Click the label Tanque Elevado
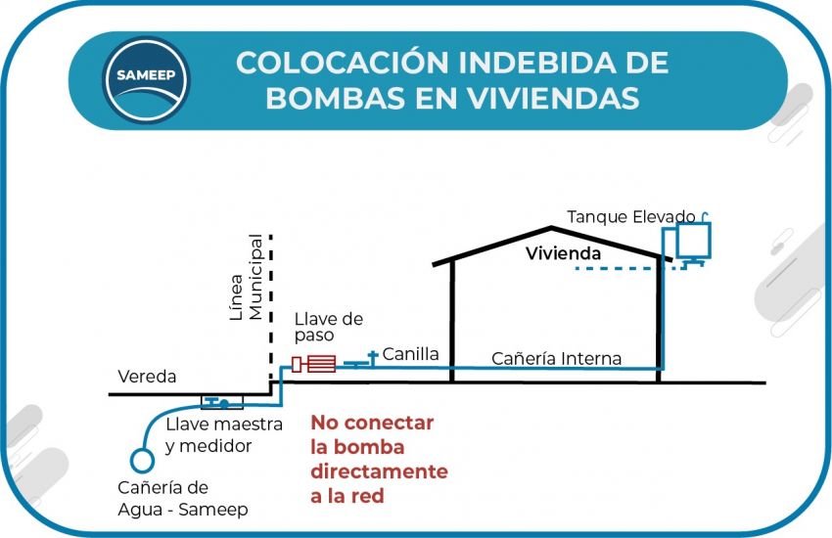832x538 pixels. [631, 217]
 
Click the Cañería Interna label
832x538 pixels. [556, 359]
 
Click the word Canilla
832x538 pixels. [410, 353]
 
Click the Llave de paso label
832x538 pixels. [329, 327]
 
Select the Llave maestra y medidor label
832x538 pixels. [223, 435]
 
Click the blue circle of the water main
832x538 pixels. [142, 458]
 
